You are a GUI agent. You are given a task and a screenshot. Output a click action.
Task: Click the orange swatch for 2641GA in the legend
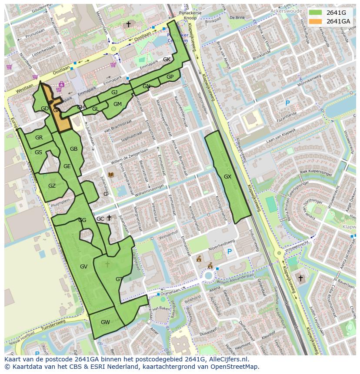point(316,21)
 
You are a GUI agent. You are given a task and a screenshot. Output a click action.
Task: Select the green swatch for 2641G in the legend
point(316,13)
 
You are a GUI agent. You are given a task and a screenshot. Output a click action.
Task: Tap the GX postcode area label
point(227,177)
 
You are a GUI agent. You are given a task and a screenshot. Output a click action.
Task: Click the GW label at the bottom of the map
point(105,322)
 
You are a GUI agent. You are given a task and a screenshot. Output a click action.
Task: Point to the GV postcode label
point(84,267)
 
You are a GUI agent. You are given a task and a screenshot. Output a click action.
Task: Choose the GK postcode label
point(167,60)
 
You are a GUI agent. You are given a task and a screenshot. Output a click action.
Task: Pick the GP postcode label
point(170,77)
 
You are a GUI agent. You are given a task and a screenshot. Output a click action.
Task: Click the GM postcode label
point(117,104)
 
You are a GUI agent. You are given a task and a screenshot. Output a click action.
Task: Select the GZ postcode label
point(52,186)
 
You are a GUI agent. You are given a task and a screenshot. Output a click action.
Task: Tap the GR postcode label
point(39,138)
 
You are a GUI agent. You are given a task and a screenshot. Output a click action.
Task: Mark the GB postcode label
point(74,149)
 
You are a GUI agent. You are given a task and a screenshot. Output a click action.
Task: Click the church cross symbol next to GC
point(109,218)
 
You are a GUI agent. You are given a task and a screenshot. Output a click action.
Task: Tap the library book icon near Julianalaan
point(111,175)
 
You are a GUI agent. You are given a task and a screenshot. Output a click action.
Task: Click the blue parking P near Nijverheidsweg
point(230,252)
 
